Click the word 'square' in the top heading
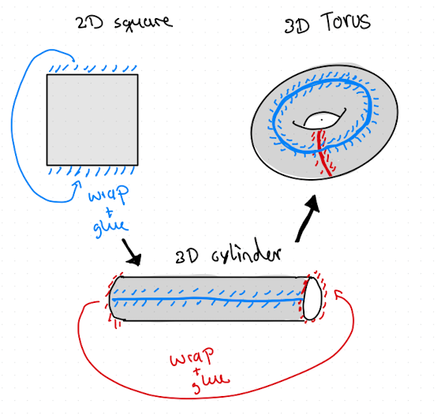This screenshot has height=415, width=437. click(144, 23)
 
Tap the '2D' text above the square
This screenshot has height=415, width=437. click(90, 23)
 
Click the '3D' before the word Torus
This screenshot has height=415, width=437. click(297, 26)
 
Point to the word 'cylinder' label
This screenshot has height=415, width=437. click(246, 253)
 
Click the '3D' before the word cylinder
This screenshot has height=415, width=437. click(187, 256)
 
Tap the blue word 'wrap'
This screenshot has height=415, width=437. click(109, 194)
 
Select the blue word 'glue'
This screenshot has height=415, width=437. click(110, 228)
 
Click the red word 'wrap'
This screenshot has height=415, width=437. click(192, 357)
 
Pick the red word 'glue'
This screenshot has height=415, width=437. click(211, 383)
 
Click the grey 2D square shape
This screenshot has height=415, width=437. click(92, 120)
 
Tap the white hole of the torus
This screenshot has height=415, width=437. click(322, 121)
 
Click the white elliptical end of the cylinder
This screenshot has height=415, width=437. click(312, 298)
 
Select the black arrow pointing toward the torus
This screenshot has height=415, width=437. click(307, 218)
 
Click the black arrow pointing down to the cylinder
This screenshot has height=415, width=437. click(132, 252)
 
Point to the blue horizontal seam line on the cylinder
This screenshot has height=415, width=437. click(207, 299)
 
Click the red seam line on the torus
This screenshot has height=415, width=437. click(323, 153)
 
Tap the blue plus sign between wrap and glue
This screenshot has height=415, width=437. click(110, 213)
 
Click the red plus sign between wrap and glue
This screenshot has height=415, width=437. click(197, 372)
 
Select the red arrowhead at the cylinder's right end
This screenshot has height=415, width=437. click(339, 293)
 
